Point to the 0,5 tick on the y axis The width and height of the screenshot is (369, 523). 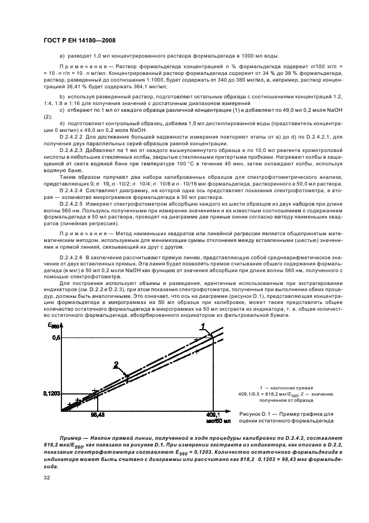(55, 337)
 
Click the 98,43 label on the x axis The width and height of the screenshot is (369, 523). (98, 415)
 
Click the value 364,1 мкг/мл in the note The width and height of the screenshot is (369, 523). (147, 87)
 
